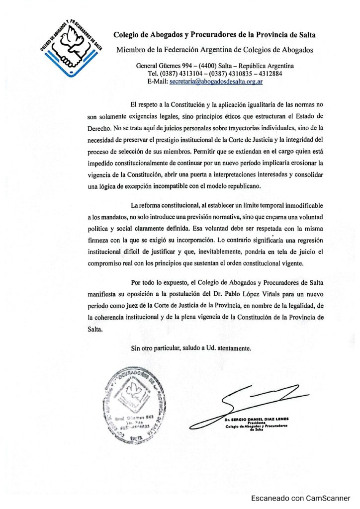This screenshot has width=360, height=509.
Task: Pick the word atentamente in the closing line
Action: click(x=234, y=348)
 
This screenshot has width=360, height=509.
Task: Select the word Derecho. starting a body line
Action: click(x=99, y=128)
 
